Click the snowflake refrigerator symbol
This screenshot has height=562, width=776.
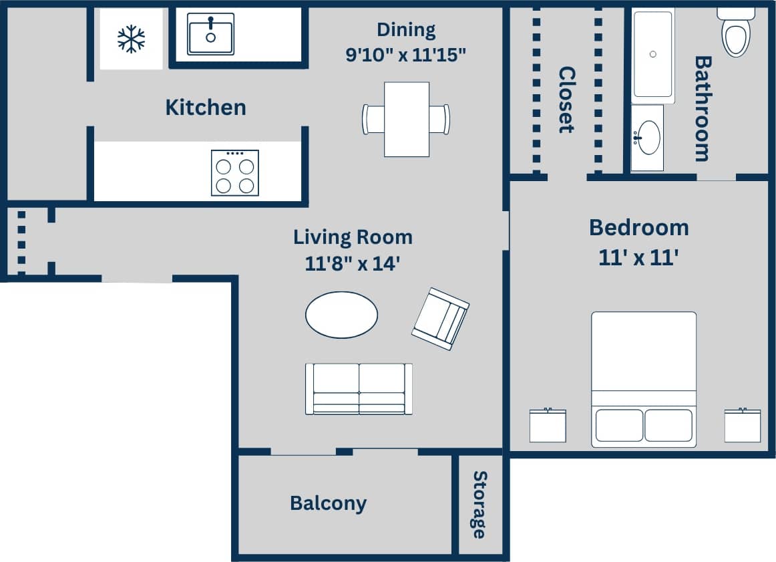coord(131,39)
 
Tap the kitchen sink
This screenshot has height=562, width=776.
coord(210,34)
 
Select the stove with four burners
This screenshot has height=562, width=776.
coord(235,173)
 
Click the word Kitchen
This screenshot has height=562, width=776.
coord(206,108)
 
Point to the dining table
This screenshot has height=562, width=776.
coord(406,120)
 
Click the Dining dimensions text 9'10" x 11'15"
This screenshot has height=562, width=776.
coord(405,55)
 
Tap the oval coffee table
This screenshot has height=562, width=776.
coord(341,315)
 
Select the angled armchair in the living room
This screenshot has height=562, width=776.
coord(440,319)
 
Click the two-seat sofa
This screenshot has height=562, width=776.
coord(359,389)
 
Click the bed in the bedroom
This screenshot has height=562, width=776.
coord(643,379)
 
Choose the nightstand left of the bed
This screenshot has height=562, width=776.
coord(548,426)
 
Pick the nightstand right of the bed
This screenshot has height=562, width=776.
coord(743,426)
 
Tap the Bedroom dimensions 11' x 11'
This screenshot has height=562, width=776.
coord(639,257)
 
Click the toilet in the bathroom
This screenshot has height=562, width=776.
coord(736,33)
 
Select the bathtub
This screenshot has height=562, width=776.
coord(653,55)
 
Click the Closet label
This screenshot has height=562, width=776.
coord(566,100)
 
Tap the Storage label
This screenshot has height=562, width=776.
coord(479,505)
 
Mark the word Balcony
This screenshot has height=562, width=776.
coord(328,503)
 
